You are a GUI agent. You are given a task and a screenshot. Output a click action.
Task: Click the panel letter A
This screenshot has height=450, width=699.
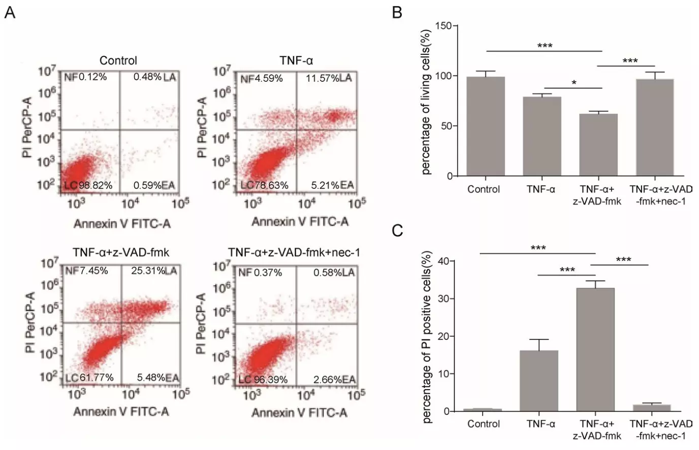pyautogui.click(x=10, y=12)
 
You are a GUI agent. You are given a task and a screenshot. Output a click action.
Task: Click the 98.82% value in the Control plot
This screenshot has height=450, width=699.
pyautogui.click(x=96, y=185)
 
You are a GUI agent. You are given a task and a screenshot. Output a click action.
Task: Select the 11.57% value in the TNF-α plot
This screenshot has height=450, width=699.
pyautogui.click(x=323, y=78)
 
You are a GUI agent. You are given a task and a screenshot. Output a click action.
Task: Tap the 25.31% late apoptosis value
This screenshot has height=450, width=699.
pyautogui.click(x=148, y=271)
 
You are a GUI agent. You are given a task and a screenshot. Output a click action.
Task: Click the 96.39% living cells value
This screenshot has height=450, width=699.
pyautogui.click(x=270, y=379)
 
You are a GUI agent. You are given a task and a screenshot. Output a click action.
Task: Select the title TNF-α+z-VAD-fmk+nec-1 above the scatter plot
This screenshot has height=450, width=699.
pyautogui.click(x=294, y=252)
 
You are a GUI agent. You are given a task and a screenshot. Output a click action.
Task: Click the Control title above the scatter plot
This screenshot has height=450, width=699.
pyautogui.click(x=118, y=60)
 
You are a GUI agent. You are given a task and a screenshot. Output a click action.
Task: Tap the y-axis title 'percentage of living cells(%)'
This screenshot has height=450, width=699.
pyautogui.click(x=426, y=102)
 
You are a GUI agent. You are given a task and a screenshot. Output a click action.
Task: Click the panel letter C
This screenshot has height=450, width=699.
pyautogui.click(x=398, y=231)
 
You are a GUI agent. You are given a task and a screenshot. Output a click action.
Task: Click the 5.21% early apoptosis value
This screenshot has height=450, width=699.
pyautogui.click(x=325, y=185)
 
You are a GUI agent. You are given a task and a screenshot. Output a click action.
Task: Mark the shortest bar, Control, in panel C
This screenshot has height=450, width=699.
pyautogui.click(x=483, y=410)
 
